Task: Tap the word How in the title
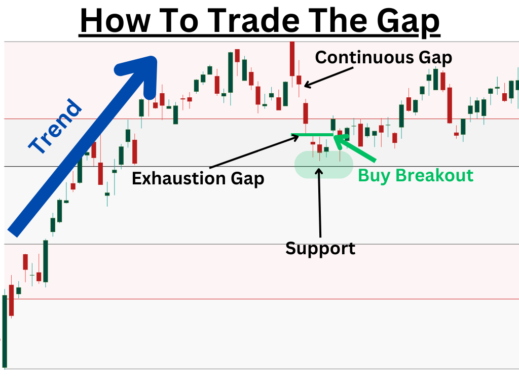click(116, 20)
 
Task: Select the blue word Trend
click(55, 126)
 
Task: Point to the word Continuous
click(365, 58)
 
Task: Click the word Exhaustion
click(179, 178)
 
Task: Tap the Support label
click(320, 249)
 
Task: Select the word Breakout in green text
click(434, 175)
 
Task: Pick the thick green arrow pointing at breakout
click(355, 148)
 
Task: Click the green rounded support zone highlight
click(324, 165)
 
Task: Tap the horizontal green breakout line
click(312, 135)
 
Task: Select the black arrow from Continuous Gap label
click(328, 77)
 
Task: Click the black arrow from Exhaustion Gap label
click(254, 151)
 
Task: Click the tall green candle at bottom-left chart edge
click(5, 331)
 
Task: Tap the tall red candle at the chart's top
click(292, 59)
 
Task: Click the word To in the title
click(179, 20)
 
